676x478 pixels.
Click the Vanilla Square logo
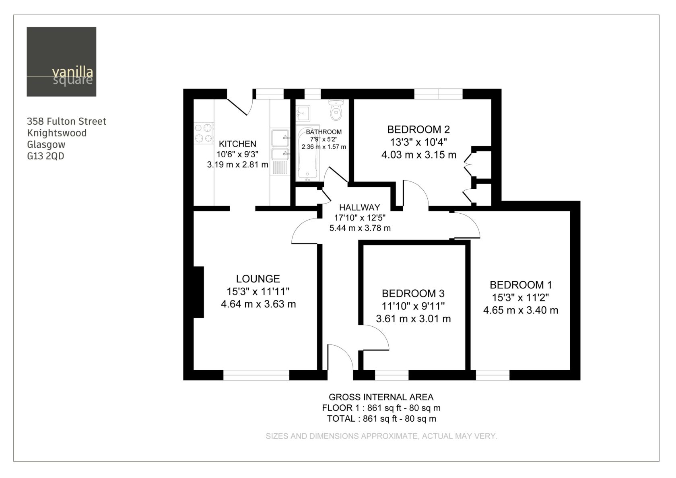[x=62, y=62]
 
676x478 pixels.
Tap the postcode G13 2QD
[x=45, y=156]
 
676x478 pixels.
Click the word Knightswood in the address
[x=57, y=133]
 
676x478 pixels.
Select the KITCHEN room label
[x=237, y=144]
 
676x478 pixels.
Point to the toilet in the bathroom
[x=336, y=110]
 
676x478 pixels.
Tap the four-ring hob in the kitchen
[x=204, y=133]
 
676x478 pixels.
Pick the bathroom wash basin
[x=303, y=113]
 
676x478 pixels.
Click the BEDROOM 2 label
[x=418, y=130]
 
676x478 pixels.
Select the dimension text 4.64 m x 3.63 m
[x=258, y=304]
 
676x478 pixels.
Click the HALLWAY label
[x=359, y=208]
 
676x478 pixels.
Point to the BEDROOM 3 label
[x=413, y=293]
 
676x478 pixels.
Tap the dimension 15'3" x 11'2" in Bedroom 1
[x=521, y=298]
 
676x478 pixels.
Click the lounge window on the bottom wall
[x=256, y=375]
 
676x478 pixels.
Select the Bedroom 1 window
[x=493, y=375]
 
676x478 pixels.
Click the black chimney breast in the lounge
[x=199, y=292]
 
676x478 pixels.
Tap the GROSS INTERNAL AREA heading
[x=381, y=397]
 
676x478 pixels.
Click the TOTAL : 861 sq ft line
[x=381, y=419]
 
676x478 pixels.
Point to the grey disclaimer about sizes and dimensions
[x=381, y=436]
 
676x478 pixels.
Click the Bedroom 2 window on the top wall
[x=438, y=94]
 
